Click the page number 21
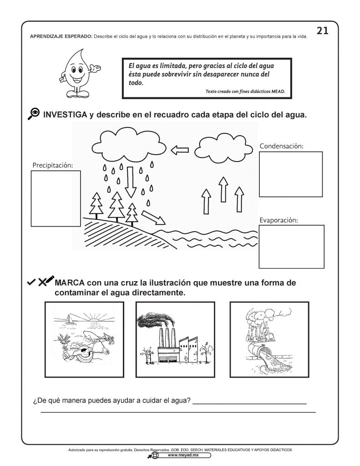pos(322,30)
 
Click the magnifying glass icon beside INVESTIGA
pos(33,114)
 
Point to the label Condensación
pos(281,146)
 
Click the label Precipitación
pos(52,165)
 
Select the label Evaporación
pos(279,220)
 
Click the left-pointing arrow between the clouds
pos(179,149)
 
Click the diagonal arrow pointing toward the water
pos(153,217)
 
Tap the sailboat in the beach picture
pos(69,319)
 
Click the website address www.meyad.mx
pos(180,455)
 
